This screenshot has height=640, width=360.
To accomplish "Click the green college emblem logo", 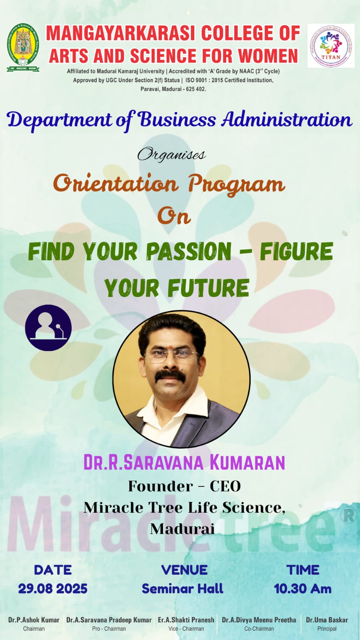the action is click(23, 47).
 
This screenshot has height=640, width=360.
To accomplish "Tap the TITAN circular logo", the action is click(330, 46).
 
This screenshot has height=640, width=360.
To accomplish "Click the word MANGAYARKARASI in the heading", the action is click(121, 33).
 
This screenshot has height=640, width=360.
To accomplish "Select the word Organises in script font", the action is click(171, 154).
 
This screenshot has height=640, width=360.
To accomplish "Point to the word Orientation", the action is click(116, 184).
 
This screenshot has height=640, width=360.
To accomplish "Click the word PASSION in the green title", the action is click(189, 251).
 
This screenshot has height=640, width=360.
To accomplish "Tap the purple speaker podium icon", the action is click(48, 328).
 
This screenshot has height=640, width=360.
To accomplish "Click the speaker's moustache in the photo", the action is click(171, 376).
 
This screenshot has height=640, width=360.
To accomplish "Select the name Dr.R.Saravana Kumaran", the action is click(184, 462).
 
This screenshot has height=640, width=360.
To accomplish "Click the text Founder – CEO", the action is click(185, 486).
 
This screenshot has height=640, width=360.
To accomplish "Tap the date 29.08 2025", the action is click(53, 588).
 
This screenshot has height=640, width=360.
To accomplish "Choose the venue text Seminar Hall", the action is click(183, 588).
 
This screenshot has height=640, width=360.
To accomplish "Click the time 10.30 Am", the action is click(302, 588).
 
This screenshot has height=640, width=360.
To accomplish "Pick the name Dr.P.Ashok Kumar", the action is click(34, 620).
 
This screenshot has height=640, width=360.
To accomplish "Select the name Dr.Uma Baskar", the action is click(327, 620).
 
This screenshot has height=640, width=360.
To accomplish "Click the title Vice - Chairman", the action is click(186, 629).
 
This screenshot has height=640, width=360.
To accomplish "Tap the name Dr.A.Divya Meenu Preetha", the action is click(259, 620).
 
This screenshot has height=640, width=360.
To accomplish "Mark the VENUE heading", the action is click(185, 570).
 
